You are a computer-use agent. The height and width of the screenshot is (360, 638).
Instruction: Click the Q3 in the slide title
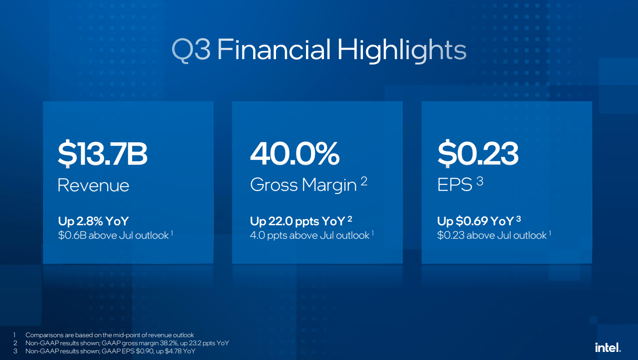[191, 50]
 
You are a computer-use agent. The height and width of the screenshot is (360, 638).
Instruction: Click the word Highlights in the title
[401, 50]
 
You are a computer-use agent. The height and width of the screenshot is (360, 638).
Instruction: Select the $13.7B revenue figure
[103, 154]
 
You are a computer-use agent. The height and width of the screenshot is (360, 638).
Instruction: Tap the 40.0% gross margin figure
[294, 154]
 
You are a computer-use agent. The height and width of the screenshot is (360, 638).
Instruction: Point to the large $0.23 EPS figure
[478, 154]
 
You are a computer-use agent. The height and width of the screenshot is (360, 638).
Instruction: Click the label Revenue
[93, 185]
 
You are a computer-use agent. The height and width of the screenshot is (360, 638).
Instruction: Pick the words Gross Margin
[303, 185]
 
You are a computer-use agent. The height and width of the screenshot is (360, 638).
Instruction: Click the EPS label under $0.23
[454, 185]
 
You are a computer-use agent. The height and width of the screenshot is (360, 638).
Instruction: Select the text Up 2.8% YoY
[94, 221]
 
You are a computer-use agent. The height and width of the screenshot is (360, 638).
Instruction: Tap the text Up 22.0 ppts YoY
[297, 221]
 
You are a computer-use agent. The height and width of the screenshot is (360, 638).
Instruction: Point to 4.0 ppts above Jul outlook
[309, 236]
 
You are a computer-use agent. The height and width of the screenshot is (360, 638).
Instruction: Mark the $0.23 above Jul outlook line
[491, 236]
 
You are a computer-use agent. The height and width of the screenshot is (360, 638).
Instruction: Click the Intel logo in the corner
[608, 347]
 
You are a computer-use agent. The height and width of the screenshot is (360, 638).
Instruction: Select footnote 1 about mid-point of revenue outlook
[109, 335]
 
